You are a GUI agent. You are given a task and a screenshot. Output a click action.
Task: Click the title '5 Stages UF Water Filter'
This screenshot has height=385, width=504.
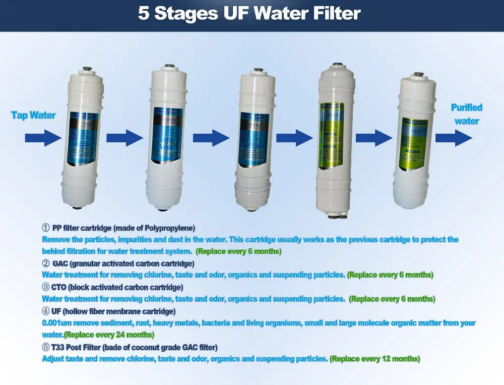click(x=249, y=14)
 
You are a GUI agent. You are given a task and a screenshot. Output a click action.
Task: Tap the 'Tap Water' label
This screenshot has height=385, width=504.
click(x=33, y=116)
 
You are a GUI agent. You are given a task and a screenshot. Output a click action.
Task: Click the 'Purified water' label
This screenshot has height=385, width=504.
click(x=466, y=114)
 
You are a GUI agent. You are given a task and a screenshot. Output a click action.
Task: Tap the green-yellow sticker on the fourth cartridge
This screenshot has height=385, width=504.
click(x=331, y=136)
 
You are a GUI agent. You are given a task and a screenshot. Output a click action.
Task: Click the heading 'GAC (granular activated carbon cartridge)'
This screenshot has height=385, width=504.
click(x=123, y=263)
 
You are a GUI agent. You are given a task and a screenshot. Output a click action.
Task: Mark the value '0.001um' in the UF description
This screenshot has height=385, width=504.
click(x=55, y=323)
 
